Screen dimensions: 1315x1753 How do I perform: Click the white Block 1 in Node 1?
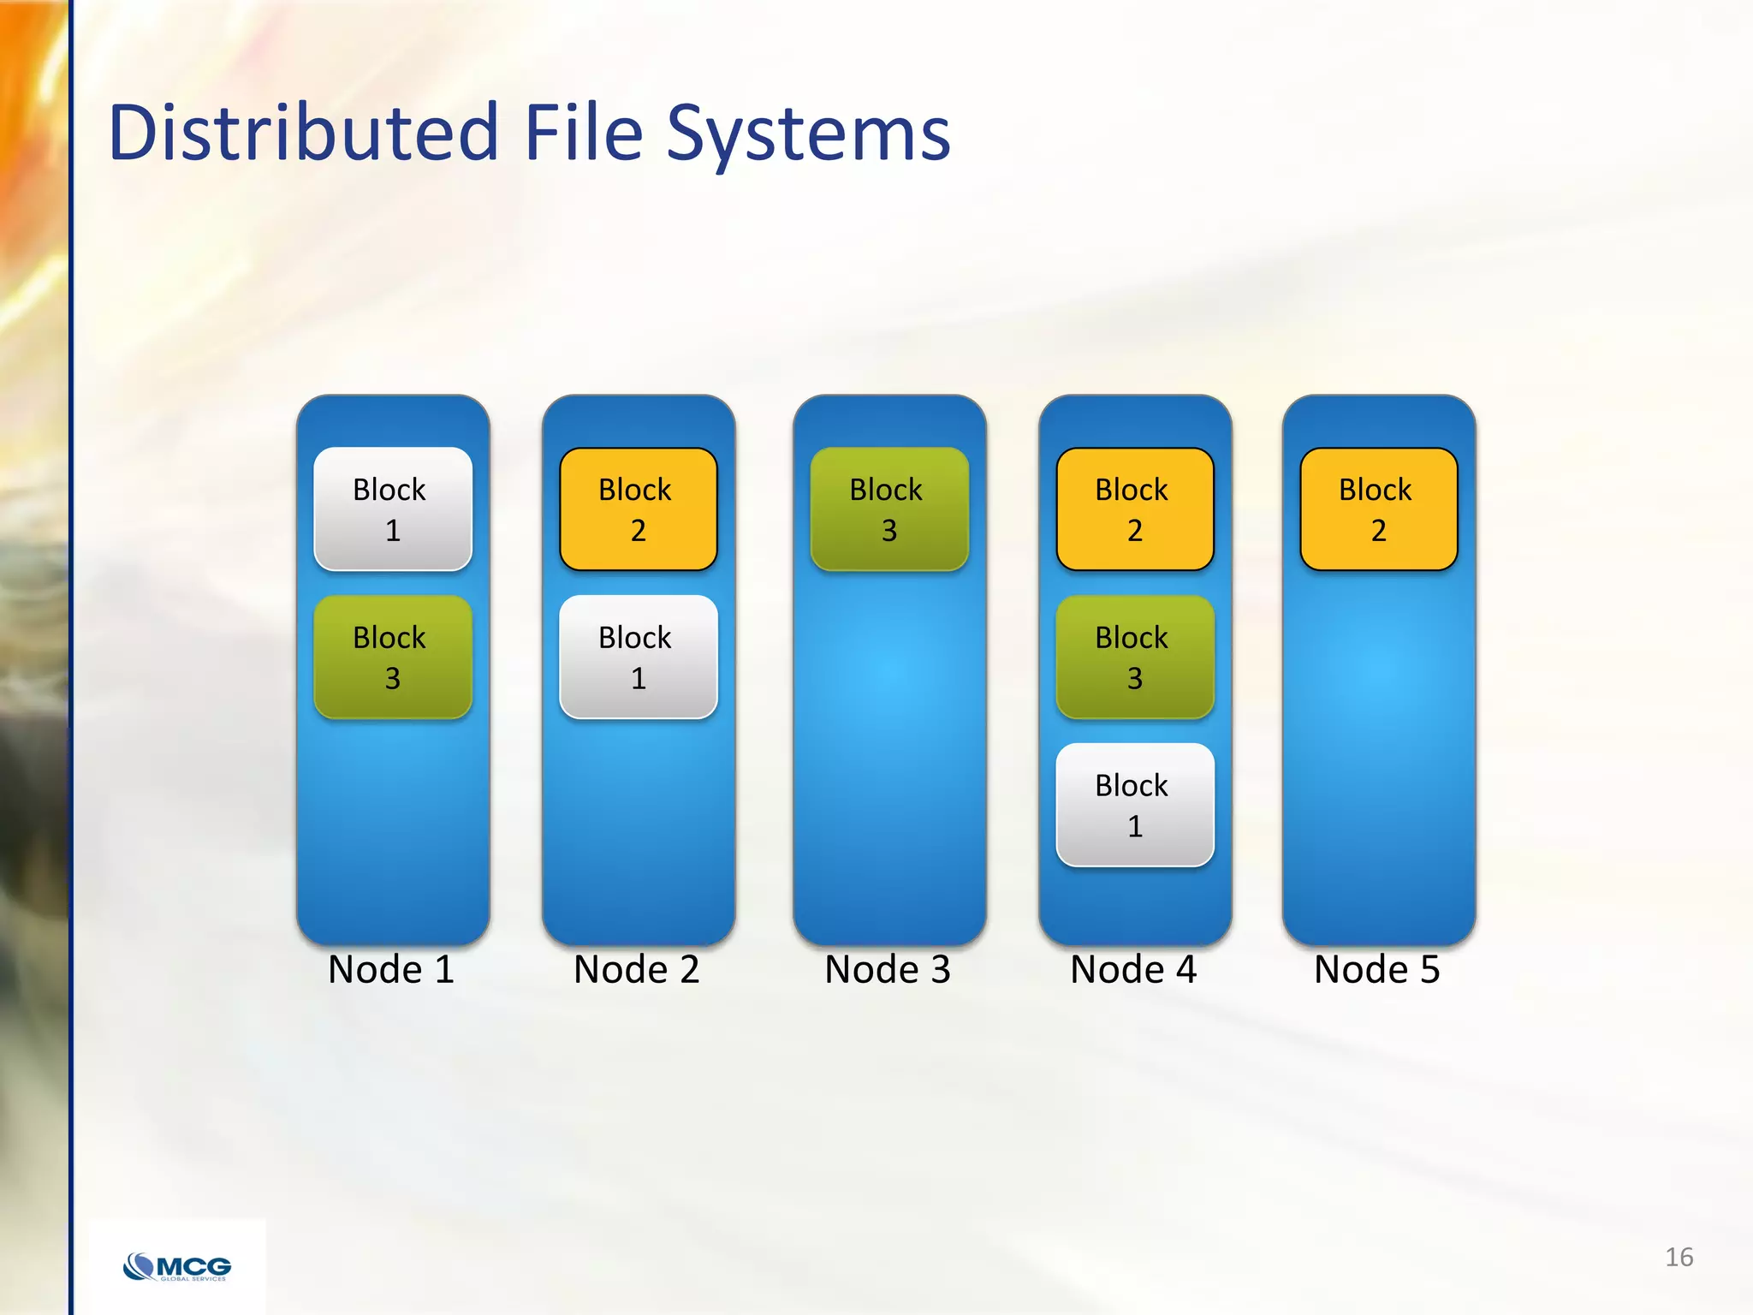[x=393, y=509]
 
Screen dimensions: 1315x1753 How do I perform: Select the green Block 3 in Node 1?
[x=393, y=657]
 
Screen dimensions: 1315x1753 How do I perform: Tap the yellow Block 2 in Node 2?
[x=639, y=509]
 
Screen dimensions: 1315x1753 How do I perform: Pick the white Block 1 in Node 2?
[x=639, y=657]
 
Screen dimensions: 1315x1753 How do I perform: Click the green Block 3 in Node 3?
[x=889, y=509]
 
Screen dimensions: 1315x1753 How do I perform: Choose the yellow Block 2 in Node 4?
[x=1135, y=509]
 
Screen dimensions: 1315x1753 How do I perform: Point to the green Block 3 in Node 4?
[x=1135, y=657]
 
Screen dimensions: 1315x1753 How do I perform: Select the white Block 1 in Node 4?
[x=1135, y=806]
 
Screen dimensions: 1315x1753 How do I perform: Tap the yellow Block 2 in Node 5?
[x=1378, y=509]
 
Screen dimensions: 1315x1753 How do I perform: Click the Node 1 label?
[x=391, y=970]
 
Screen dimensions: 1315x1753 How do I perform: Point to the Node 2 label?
[x=637, y=970]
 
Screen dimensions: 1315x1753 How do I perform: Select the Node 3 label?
[x=888, y=970]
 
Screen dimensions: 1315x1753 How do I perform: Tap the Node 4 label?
[x=1133, y=970]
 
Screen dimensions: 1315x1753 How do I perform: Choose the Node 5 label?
[x=1377, y=970]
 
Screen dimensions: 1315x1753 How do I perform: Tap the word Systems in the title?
[x=808, y=137]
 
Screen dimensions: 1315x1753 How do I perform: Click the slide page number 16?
[x=1679, y=1257]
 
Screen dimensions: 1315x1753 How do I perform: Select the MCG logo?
[x=177, y=1266]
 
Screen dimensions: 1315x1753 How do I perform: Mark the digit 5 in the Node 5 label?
[x=1429, y=970]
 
